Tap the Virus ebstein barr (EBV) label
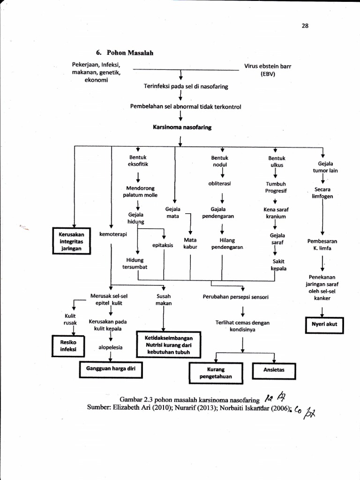[268, 70]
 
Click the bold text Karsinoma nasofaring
[182, 127]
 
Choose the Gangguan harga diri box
[111, 369]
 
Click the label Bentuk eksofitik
[138, 161]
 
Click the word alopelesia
[110, 347]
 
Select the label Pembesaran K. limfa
[322, 244]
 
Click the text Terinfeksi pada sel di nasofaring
[186, 87]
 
